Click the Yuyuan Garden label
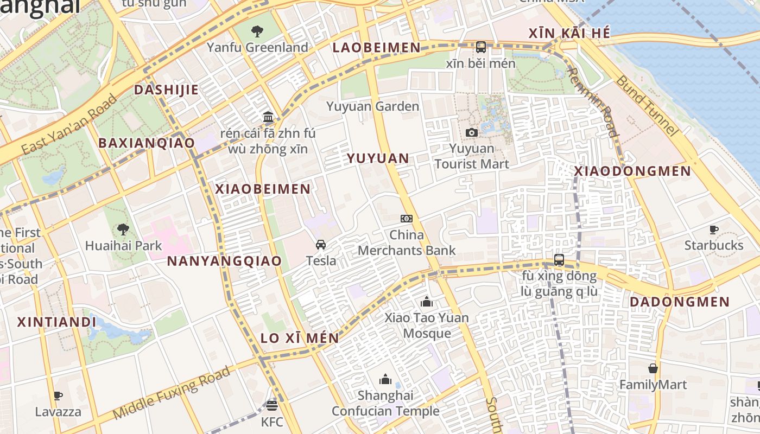click(x=372, y=106)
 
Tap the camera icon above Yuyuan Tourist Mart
click(x=472, y=132)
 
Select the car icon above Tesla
click(x=321, y=245)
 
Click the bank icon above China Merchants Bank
click(x=407, y=219)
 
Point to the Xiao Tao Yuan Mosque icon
click(x=427, y=302)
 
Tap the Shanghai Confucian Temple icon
click(x=385, y=379)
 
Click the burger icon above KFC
click(x=272, y=406)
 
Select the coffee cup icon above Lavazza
click(x=58, y=395)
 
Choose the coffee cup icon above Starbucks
click(x=714, y=229)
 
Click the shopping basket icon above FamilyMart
click(x=653, y=369)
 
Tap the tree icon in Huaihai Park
click(x=123, y=229)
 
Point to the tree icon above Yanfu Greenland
click(x=257, y=31)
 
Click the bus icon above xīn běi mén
click(x=481, y=47)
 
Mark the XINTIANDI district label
click(x=56, y=322)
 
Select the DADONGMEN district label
click(x=679, y=302)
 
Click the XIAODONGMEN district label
click(x=632, y=171)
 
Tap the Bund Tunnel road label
click(x=647, y=105)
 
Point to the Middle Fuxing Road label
click(x=172, y=393)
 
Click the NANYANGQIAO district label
click(x=224, y=261)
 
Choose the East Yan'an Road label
click(x=69, y=124)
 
